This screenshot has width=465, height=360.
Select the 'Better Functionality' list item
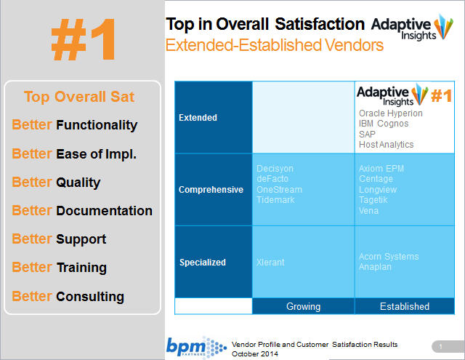[x=75, y=125]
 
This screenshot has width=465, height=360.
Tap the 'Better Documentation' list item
[x=82, y=211]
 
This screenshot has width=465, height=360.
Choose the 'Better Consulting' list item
[x=68, y=296]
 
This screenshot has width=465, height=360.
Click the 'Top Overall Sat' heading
[x=79, y=97]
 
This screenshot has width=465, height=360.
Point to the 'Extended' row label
[x=198, y=117]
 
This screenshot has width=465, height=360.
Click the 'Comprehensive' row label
[x=211, y=190]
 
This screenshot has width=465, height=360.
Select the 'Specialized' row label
[x=203, y=262]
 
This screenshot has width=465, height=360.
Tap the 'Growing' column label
[x=303, y=306]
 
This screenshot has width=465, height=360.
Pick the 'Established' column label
[x=404, y=306]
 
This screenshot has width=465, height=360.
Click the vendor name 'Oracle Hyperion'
[x=390, y=113]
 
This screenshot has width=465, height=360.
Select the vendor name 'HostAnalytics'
[x=386, y=145]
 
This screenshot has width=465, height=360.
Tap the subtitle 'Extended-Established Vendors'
[x=275, y=46]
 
